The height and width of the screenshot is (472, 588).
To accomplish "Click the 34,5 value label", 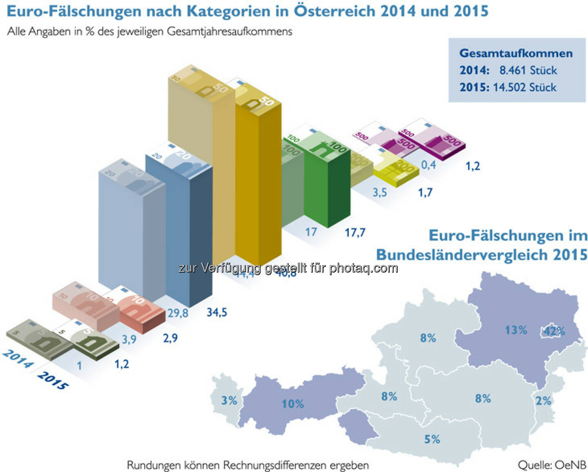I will pos(216,312).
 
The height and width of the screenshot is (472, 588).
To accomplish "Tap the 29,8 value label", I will pos(178,313).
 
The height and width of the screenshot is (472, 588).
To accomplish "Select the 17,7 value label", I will pos(355,233).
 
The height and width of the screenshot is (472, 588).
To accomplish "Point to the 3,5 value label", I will pos(379,192).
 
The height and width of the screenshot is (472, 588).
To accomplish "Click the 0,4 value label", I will pos(428,165).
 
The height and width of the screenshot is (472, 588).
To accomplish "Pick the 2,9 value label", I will pos(170,338).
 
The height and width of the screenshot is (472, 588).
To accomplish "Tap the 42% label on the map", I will pos(554,331).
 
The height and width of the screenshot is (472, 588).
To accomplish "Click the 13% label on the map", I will pos(516,330).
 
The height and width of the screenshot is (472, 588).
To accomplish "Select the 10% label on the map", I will pos(292,404).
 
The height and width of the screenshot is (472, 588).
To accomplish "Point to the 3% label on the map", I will pos(229,400).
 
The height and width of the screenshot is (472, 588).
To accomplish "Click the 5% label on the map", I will pos(432,439).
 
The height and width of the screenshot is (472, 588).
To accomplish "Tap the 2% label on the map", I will pos(543,401).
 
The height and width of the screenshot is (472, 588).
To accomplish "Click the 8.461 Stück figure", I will pos(528,70).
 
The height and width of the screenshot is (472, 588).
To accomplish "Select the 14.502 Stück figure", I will pos(525,87).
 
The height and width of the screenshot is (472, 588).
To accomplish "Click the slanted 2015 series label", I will pos(53,380).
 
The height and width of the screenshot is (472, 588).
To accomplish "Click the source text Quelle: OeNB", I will pos(552,465).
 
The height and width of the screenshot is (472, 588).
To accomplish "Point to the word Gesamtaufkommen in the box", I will pos(516,53).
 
